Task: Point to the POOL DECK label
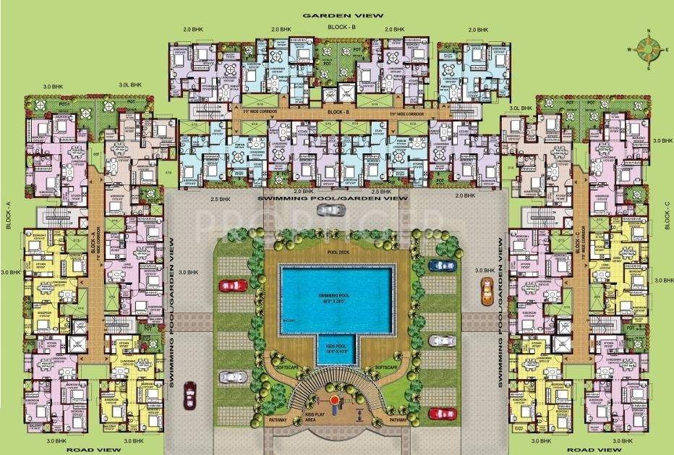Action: pyautogui.click(x=337, y=252)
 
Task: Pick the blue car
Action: pyautogui.click(x=442, y=265)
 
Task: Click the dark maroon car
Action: pyautogui.click(x=189, y=394)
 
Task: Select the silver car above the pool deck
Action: pyautogui.click(x=330, y=210)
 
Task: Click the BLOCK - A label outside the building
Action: pyautogui.click(x=8, y=215)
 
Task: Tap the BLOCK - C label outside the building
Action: pyautogui.click(x=666, y=215)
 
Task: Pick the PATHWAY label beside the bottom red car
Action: pyautogui.click(x=398, y=420)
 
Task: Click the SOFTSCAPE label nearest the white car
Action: pyautogui.click(x=283, y=367)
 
